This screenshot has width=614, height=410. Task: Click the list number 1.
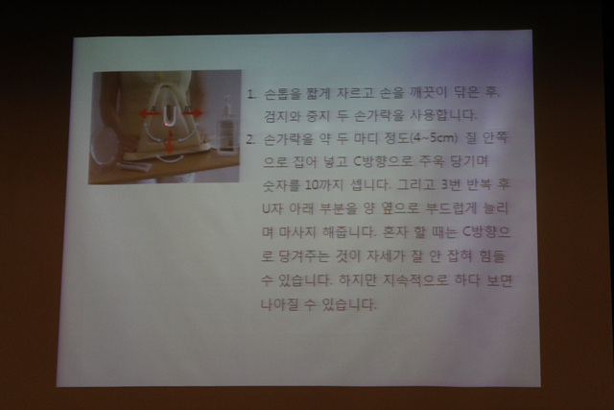pos(249,95)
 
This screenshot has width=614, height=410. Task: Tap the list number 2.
pos(249,138)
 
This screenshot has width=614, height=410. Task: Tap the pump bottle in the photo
pos(227,125)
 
